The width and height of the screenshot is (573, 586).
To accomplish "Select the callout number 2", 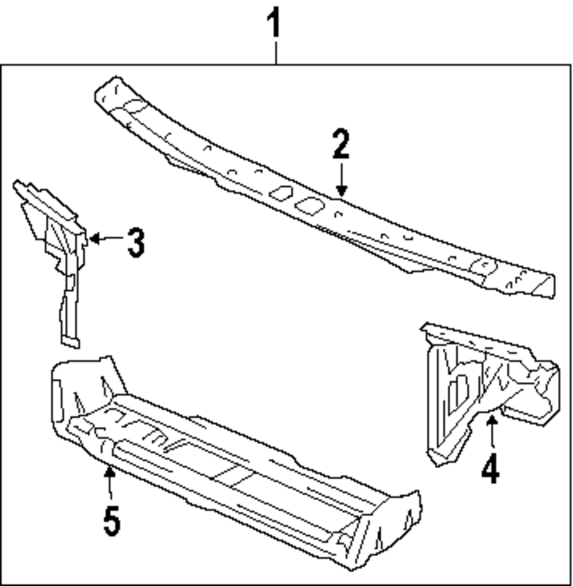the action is (341, 144).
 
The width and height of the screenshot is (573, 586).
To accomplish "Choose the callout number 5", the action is (112, 520).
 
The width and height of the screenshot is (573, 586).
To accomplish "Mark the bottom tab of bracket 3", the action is (70, 342).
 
